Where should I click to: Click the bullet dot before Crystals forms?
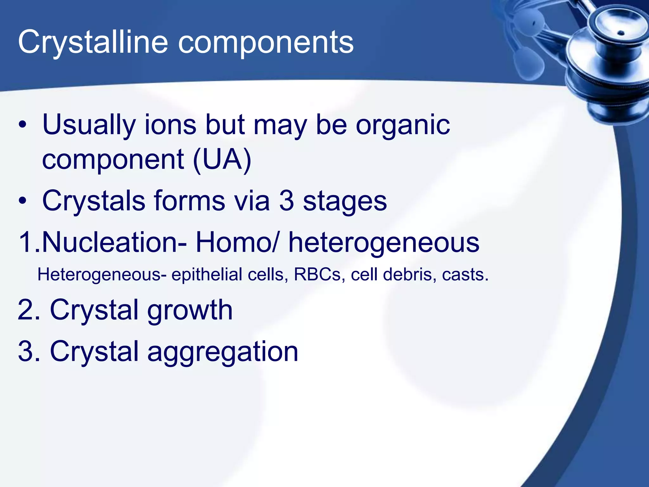tap(22, 201)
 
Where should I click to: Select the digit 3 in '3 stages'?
tap(286, 201)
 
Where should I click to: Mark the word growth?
tap(190, 310)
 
